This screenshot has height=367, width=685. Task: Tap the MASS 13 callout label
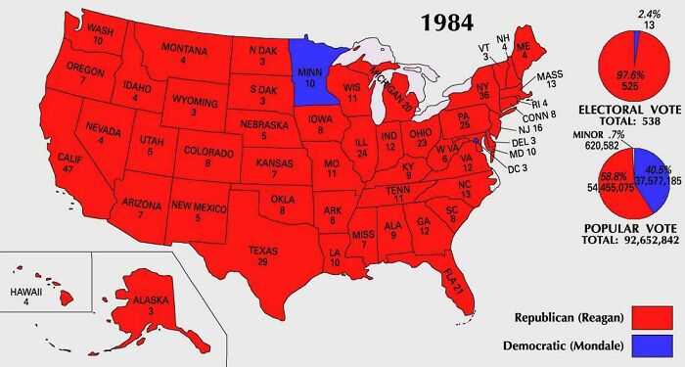[x=553, y=79]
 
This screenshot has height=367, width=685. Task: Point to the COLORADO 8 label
[x=208, y=159]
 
